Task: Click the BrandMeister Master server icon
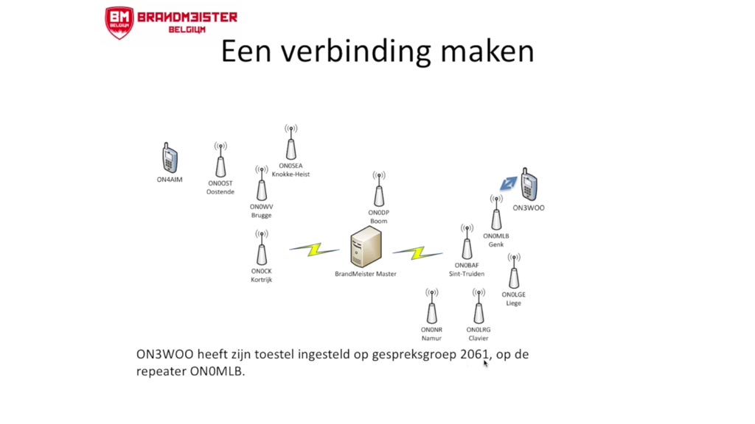366,247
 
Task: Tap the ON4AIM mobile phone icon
170,158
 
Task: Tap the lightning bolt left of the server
314,249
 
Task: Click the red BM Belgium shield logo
119,21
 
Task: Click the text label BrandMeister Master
366,274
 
